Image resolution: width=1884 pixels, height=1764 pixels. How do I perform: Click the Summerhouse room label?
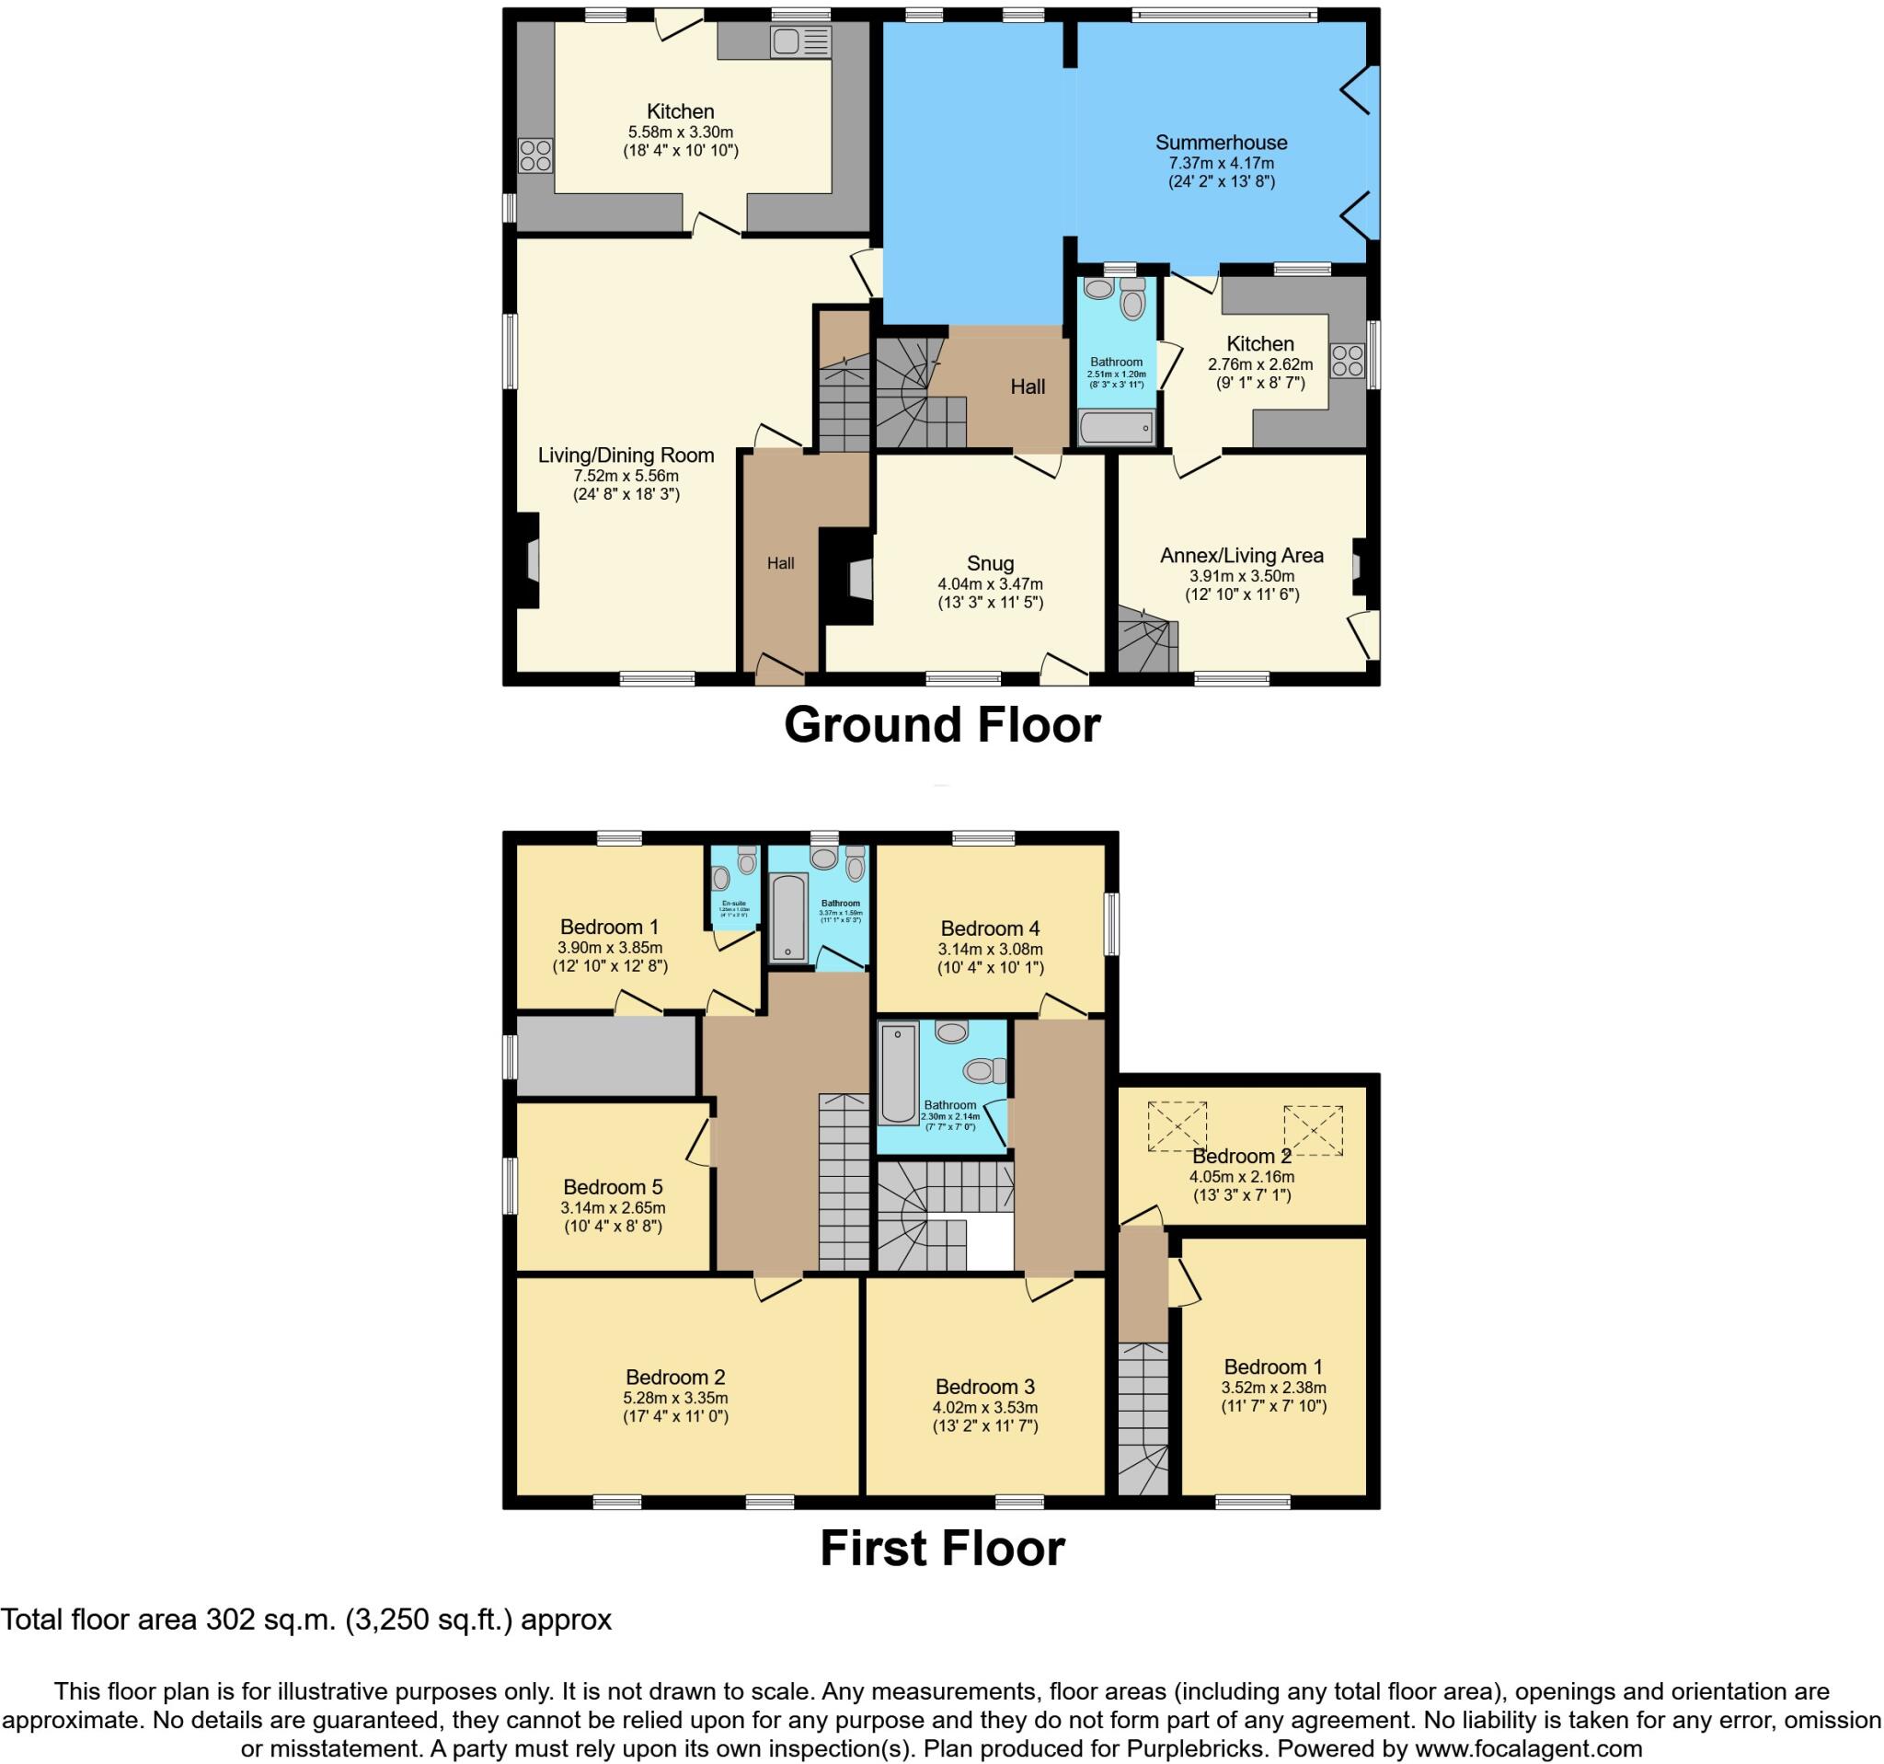1221,144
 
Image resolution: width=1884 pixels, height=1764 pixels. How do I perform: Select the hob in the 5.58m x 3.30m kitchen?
535,156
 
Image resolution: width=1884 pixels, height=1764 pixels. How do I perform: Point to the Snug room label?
991,564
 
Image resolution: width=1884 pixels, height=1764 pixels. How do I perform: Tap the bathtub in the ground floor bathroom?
1117,428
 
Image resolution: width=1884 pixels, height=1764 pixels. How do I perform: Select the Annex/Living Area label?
1242,556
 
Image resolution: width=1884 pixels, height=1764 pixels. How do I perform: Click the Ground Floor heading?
942,725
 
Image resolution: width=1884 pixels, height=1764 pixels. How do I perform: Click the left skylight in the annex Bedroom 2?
1177,1127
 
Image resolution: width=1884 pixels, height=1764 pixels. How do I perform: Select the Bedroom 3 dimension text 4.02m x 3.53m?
984,1408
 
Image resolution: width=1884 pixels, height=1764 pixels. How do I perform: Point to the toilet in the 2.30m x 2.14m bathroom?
983,1071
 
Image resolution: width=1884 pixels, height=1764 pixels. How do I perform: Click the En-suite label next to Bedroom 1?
733,904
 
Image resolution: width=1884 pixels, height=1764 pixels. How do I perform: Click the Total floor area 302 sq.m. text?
306,1620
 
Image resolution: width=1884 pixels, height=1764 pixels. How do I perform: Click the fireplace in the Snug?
857,579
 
